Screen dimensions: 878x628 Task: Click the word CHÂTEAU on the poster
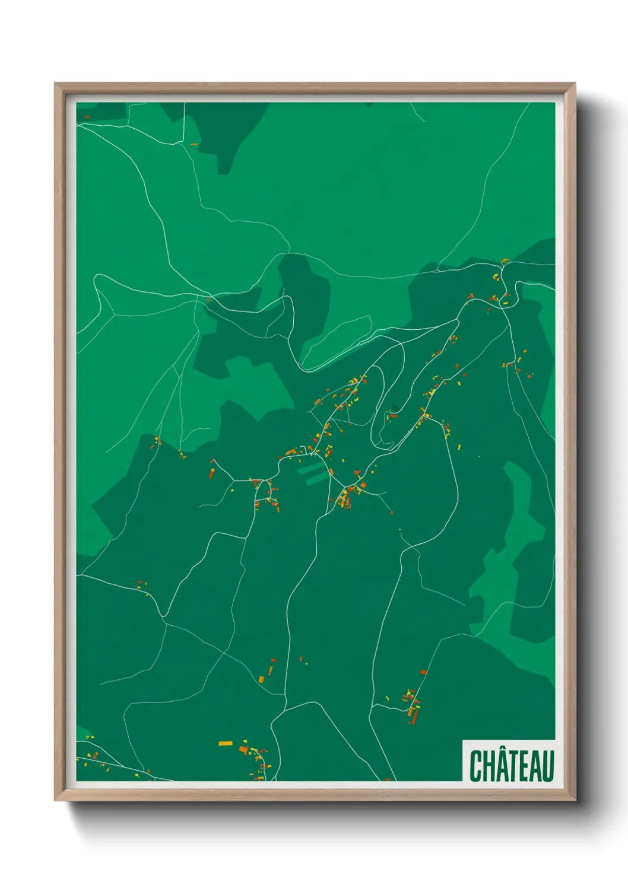(x=511, y=766)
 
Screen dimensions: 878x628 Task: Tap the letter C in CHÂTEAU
(x=475, y=766)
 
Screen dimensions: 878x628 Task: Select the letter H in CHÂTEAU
(x=488, y=766)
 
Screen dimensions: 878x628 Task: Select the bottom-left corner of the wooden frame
(x=56, y=799)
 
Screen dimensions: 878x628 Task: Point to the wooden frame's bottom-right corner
(x=574, y=799)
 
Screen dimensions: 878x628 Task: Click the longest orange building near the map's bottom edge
(x=226, y=743)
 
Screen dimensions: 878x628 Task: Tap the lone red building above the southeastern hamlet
(x=423, y=672)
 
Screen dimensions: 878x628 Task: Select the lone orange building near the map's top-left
(x=194, y=144)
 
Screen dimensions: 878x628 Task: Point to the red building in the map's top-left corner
(x=86, y=117)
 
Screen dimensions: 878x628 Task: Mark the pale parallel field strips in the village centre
(x=313, y=473)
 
